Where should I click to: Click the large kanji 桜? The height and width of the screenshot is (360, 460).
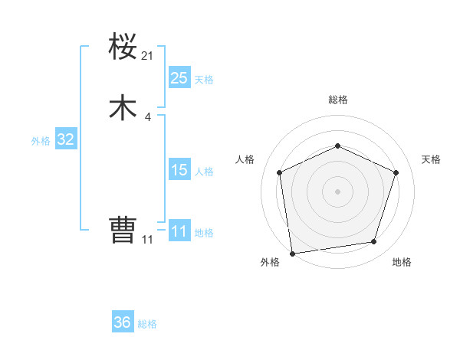(x=123, y=47)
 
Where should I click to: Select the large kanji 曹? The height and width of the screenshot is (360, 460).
(x=123, y=229)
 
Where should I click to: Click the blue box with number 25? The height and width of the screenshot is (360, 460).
(x=179, y=78)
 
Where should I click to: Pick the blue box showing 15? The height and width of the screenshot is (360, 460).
(x=179, y=170)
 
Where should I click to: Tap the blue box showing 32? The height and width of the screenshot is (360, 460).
(x=65, y=139)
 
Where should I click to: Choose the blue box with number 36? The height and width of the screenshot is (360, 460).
(x=123, y=322)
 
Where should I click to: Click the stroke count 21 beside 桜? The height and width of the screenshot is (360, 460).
(x=148, y=56)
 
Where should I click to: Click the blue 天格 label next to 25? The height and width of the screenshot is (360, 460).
(x=204, y=80)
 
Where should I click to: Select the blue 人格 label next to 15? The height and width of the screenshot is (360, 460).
(x=204, y=172)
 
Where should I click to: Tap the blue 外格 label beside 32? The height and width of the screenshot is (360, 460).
(x=41, y=141)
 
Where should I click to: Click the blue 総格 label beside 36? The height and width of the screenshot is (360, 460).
(x=147, y=324)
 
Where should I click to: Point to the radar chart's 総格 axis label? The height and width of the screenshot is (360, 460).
(x=337, y=100)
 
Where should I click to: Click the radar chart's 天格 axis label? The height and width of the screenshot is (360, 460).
(x=431, y=159)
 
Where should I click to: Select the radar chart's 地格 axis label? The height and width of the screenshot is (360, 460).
(x=402, y=263)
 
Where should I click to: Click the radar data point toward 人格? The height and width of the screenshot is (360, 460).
(x=280, y=172)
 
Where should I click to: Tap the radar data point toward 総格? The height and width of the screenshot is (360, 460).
(x=337, y=146)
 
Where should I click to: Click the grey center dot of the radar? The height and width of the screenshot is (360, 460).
(x=337, y=191)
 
